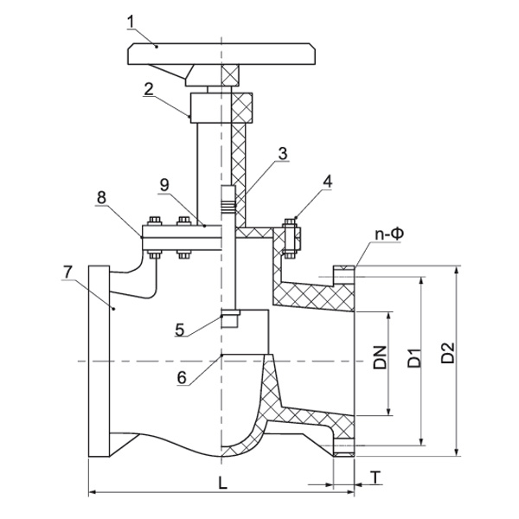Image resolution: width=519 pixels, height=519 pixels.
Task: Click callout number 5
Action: point(179,329)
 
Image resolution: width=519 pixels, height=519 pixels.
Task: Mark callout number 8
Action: point(102,197)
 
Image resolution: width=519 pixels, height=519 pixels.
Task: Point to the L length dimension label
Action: point(223,484)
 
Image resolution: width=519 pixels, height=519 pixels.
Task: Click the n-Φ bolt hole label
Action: point(390,234)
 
